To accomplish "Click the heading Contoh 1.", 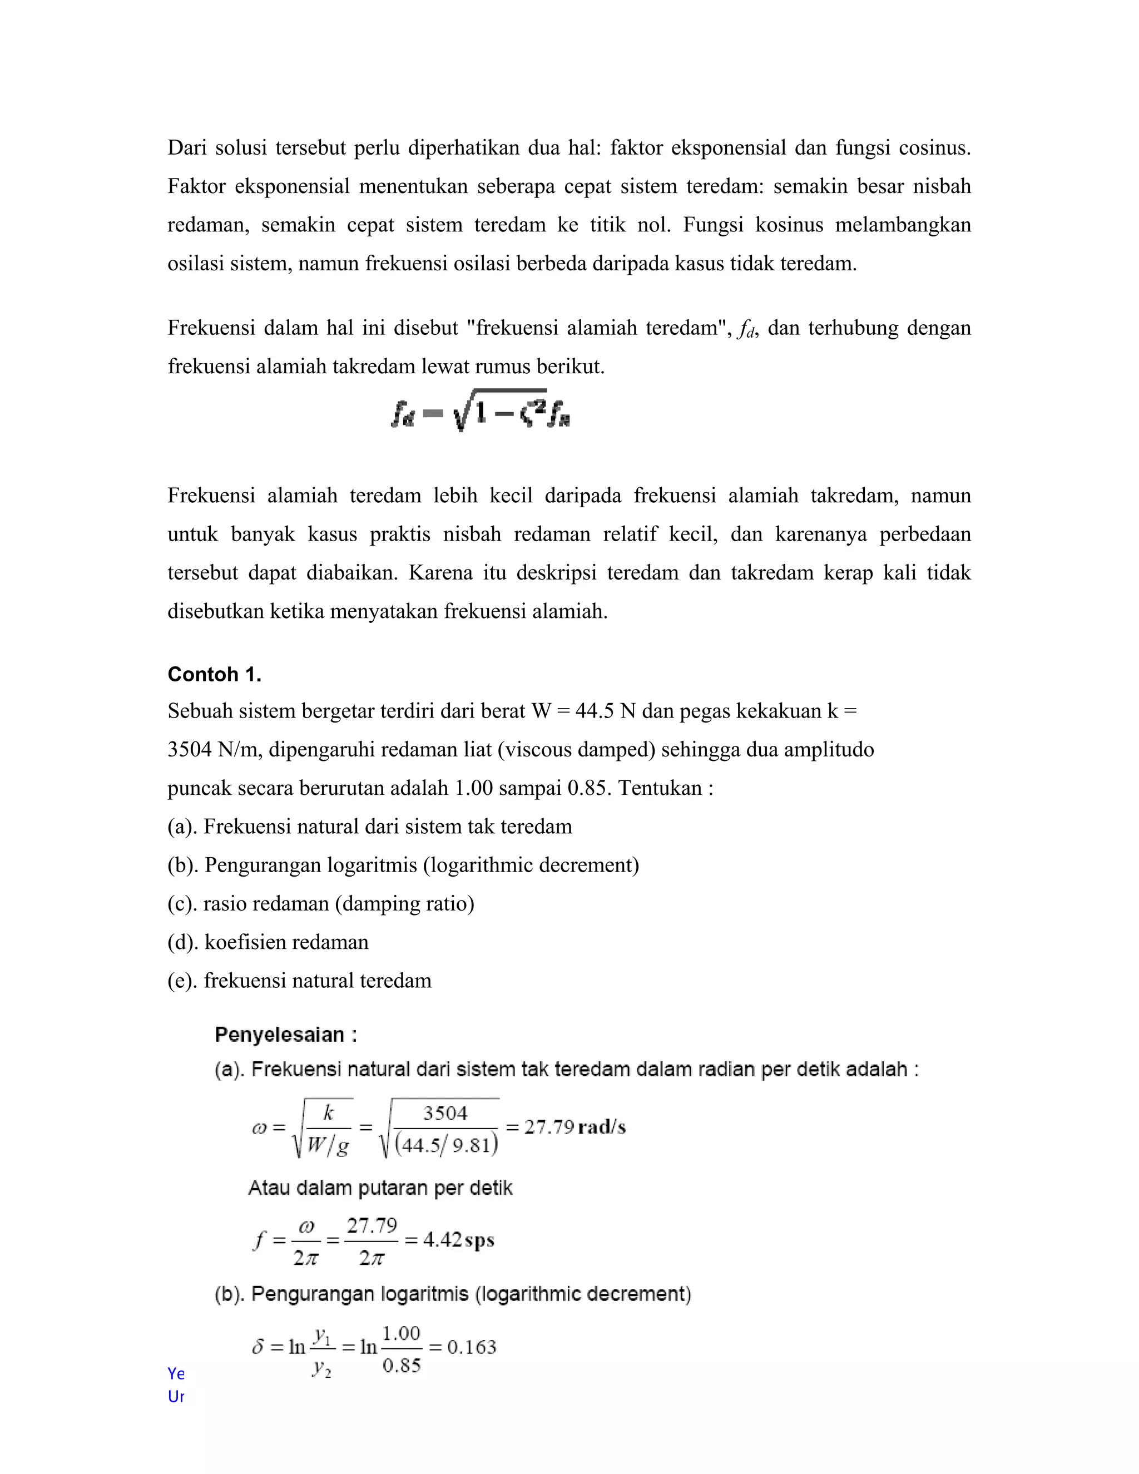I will pos(214,674).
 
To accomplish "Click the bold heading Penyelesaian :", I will pos(285,1035).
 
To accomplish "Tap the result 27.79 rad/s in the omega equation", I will pos(575,1127).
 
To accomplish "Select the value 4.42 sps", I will pos(459,1240).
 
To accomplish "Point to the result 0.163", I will pos(472,1347).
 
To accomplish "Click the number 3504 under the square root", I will pos(445,1113).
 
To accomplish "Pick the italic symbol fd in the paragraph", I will pos(746,329).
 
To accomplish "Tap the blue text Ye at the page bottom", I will pos(175,1373).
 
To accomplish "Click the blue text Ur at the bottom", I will pos(175,1396).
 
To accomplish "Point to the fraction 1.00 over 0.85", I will pos(401,1348).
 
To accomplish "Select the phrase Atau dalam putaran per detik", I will pos(380,1188).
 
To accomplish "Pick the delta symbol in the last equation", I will pos(257,1347).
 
